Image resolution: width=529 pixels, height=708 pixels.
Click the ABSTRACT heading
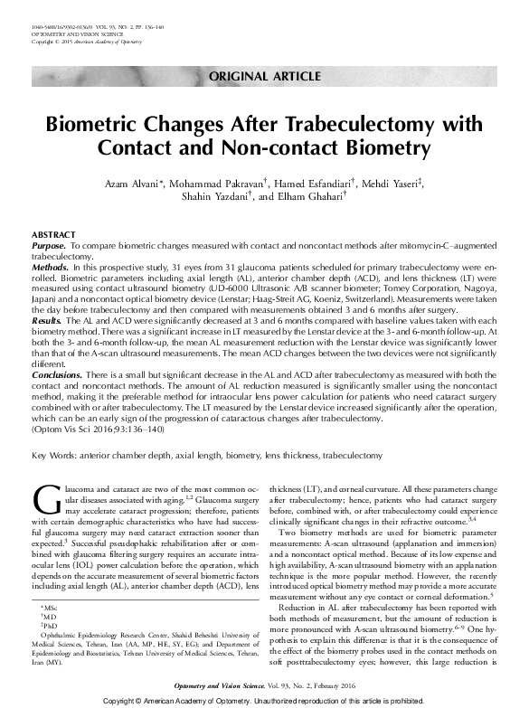click(53, 234)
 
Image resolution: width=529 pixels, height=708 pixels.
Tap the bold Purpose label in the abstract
click(48, 245)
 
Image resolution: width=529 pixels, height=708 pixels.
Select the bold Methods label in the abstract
click(49, 269)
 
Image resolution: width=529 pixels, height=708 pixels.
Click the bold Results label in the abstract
click(46, 321)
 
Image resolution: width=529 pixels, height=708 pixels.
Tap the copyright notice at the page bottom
click(264, 701)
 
